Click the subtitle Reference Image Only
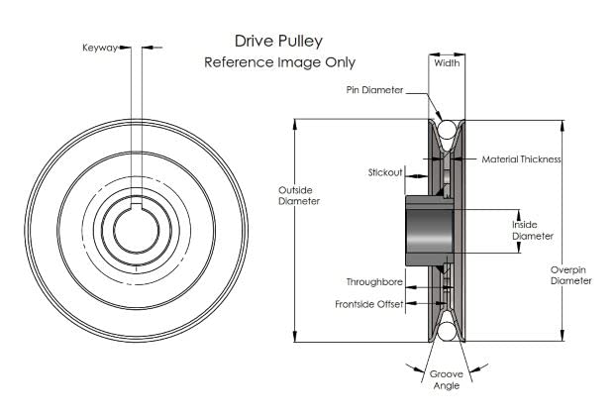279,62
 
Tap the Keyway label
98,46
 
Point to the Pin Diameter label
373,90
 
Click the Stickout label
385,172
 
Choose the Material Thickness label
522,158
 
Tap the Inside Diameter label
533,230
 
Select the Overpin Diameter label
571,274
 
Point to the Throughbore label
374,281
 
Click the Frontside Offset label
368,304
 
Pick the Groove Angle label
446,380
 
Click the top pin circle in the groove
446,128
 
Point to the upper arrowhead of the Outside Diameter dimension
295,124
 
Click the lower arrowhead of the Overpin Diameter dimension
563,336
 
